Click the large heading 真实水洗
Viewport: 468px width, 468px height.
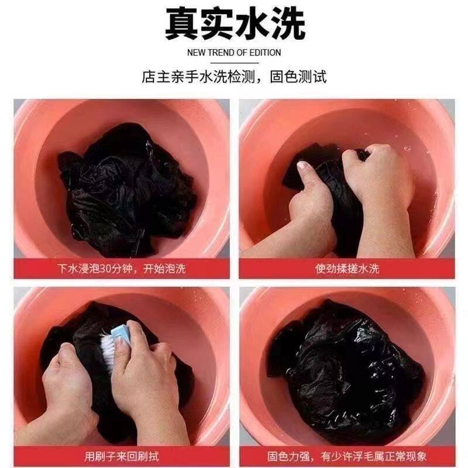[x=235, y=24]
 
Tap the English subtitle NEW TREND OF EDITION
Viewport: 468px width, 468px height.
[x=234, y=53]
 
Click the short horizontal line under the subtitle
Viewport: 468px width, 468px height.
[x=235, y=63]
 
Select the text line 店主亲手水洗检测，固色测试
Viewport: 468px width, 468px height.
[x=234, y=77]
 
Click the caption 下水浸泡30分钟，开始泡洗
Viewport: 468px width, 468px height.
[x=122, y=269]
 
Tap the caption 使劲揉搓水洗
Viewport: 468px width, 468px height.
[x=347, y=269]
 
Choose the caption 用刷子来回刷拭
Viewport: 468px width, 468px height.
[x=122, y=456]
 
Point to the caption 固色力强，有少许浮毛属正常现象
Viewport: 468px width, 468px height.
[x=347, y=456]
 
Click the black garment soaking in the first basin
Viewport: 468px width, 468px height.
[x=127, y=191]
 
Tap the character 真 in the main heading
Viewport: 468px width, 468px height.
[x=183, y=24]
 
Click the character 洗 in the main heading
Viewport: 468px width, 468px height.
[x=288, y=24]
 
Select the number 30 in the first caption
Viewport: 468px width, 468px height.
[x=105, y=269]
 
